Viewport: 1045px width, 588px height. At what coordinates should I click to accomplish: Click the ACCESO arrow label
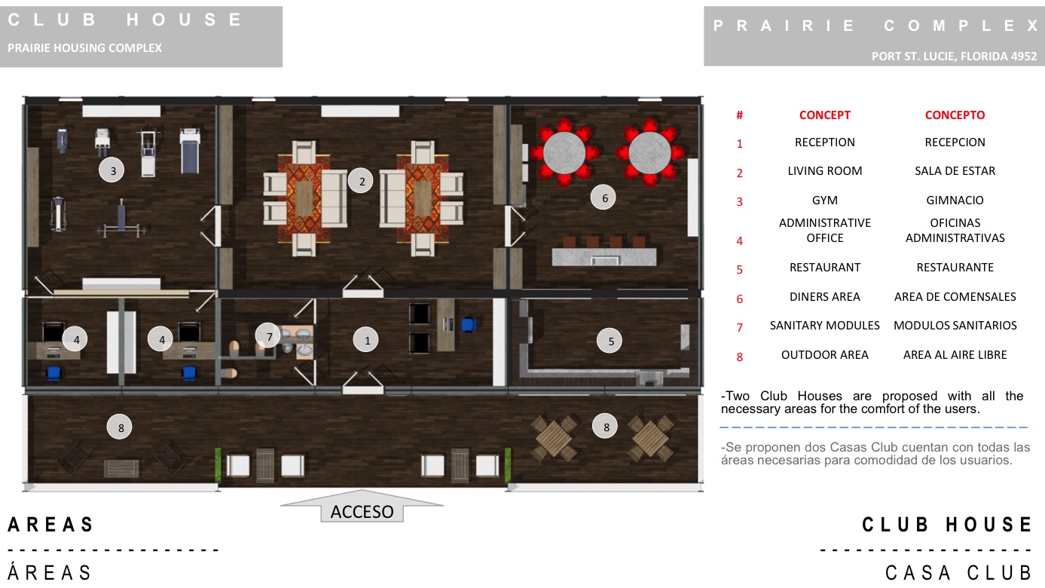tap(362, 512)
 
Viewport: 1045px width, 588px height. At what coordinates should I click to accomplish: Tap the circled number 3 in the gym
tap(112, 170)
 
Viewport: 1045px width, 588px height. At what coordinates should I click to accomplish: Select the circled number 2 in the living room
tap(361, 181)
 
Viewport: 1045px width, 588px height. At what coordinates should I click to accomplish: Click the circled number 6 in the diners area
tap(603, 198)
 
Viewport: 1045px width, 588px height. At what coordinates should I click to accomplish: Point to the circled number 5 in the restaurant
tap(610, 341)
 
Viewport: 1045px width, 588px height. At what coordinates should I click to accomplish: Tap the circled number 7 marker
tap(267, 335)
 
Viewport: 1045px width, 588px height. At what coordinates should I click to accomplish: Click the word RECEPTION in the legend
tap(825, 142)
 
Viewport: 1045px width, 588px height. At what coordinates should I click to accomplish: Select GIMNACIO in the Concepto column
tap(955, 201)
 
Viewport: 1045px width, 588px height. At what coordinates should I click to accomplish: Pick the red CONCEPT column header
tap(825, 115)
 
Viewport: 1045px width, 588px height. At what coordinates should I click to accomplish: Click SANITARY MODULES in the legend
tap(825, 325)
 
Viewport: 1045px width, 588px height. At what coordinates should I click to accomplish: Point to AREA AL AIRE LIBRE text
tap(955, 354)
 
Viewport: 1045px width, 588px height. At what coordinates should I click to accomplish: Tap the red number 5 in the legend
tap(739, 270)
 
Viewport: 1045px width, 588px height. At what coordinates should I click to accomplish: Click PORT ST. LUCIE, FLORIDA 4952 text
tap(954, 57)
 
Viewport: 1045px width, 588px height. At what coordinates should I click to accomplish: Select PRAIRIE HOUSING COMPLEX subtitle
tap(84, 48)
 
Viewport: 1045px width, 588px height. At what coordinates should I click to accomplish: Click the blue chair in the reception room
tap(469, 324)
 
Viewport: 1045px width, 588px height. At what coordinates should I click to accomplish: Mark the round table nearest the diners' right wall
tap(649, 152)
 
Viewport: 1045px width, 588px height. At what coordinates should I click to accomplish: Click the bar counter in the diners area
tap(604, 256)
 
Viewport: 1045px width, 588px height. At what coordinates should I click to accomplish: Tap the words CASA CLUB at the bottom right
tap(958, 573)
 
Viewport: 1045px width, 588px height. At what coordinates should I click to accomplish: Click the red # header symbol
tap(739, 115)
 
